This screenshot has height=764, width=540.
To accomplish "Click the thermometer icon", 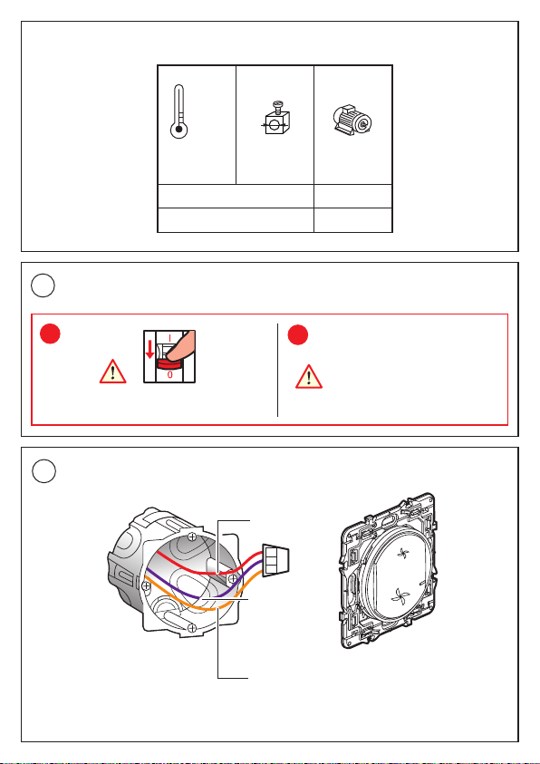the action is (x=179, y=112).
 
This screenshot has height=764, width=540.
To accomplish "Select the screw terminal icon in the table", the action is (x=275, y=118).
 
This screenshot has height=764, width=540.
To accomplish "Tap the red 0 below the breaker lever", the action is (x=169, y=376).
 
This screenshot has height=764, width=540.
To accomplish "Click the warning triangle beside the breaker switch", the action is (x=113, y=372).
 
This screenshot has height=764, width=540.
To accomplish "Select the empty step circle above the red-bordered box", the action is (x=43, y=286).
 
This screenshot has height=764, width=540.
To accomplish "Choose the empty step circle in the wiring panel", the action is (x=43, y=470).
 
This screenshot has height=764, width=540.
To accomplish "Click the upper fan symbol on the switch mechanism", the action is (x=404, y=554).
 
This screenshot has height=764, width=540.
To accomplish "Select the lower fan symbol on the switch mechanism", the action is (x=401, y=595).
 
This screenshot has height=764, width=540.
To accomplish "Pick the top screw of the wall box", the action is (x=193, y=537).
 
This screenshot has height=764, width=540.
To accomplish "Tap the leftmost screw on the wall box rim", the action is (x=146, y=585).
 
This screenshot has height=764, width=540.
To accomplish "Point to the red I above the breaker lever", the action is (x=170, y=338).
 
